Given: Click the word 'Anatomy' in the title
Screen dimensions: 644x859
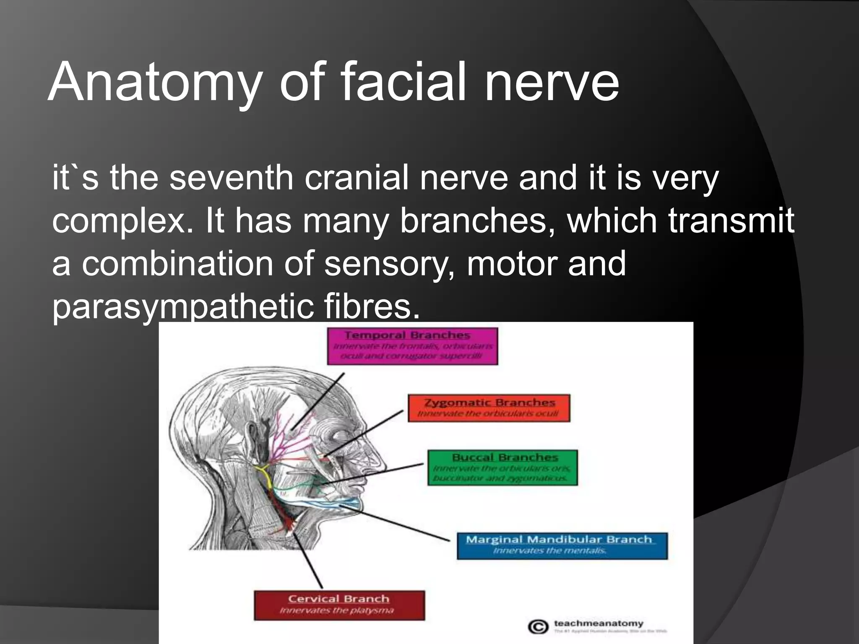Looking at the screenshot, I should coord(155,83).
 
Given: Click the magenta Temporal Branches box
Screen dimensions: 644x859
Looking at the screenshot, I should coord(412,346).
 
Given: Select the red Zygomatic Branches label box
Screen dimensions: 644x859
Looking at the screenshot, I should coord(489,408).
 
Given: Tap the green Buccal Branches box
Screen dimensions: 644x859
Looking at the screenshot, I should coord(502,467).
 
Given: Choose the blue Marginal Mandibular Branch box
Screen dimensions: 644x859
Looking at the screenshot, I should coord(562,545).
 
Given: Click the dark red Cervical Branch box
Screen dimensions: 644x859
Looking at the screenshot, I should coord(339,605).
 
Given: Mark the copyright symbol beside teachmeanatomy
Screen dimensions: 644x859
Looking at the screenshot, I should coord(538,627).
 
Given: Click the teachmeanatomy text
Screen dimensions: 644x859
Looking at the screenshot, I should coord(598,623).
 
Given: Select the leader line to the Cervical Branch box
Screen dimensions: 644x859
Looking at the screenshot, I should coord(308,562).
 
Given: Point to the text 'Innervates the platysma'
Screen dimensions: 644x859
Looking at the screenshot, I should coord(337,610).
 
